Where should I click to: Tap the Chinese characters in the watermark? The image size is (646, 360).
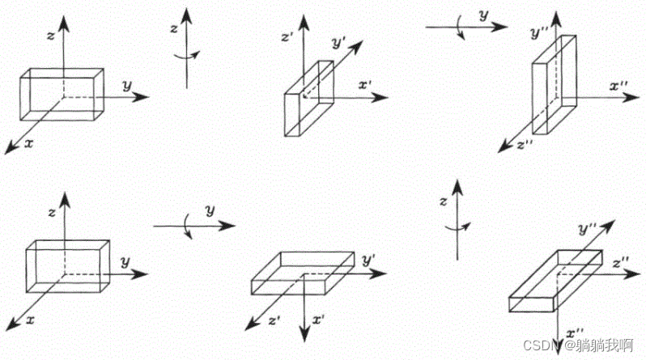[x=604, y=346]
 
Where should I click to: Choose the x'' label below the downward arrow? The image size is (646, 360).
[x=576, y=332]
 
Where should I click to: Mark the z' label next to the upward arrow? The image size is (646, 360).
[x=286, y=36]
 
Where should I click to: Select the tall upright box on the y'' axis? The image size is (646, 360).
[x=555, y=85]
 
